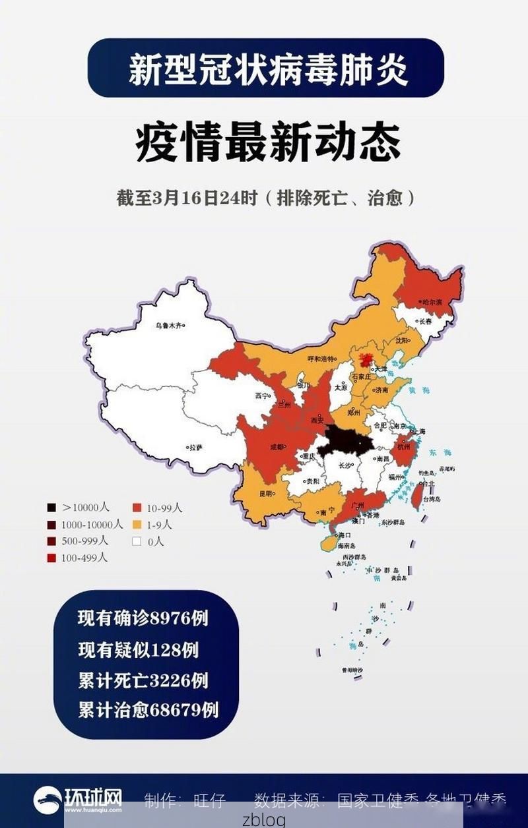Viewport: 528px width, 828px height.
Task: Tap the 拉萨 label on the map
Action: coord(194,447)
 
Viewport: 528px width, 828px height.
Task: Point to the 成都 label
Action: coord(277,446)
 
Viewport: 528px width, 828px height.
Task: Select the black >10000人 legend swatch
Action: coord(51,508)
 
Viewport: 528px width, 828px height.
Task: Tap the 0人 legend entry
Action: coord(148,541)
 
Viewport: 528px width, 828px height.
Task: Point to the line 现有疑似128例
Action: coord(138,649)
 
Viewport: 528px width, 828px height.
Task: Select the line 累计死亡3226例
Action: coord(143,680)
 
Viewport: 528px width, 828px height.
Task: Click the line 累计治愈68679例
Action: coord(148,710)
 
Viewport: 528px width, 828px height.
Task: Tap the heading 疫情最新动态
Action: coord(267,143)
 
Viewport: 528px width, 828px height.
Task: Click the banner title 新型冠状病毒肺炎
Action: coord(267,68)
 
